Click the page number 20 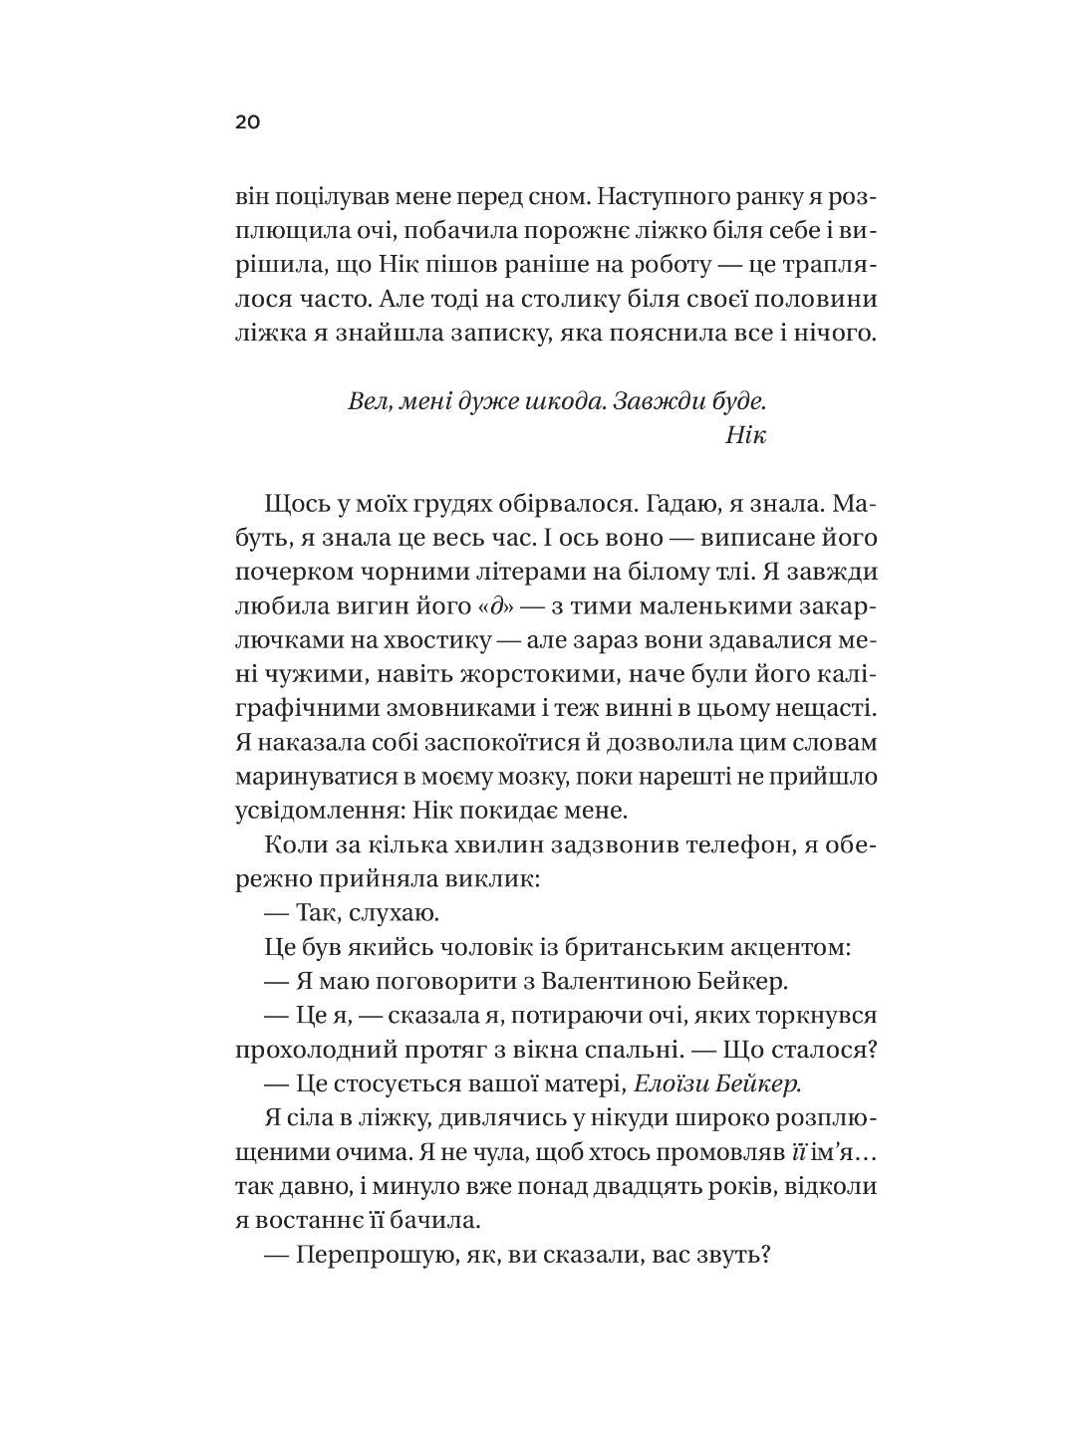[248, 123]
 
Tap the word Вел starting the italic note [368, 401]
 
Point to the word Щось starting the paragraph [296, 504]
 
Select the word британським [619, 946]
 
